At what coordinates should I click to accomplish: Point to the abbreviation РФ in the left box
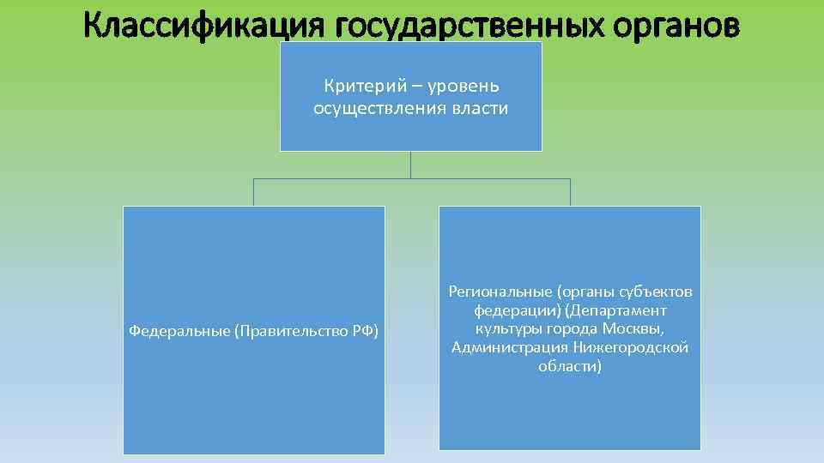366,330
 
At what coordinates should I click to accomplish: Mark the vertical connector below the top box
411,165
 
